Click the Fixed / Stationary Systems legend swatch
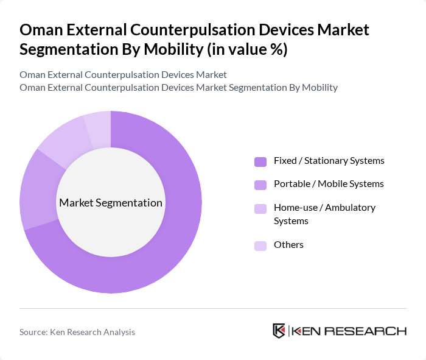(260, 161)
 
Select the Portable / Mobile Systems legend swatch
(260, 184)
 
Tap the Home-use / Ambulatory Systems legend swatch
(260, 208)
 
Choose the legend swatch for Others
(260, 245)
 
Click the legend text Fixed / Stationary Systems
(329, 161)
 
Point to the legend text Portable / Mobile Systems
(329, 183)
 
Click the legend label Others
(288, 245)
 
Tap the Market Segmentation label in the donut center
(111, 203)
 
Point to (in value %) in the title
(246, 49)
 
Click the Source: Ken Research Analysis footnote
(77, 332)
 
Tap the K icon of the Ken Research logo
(279, 331)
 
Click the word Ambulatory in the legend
(350, 207)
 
